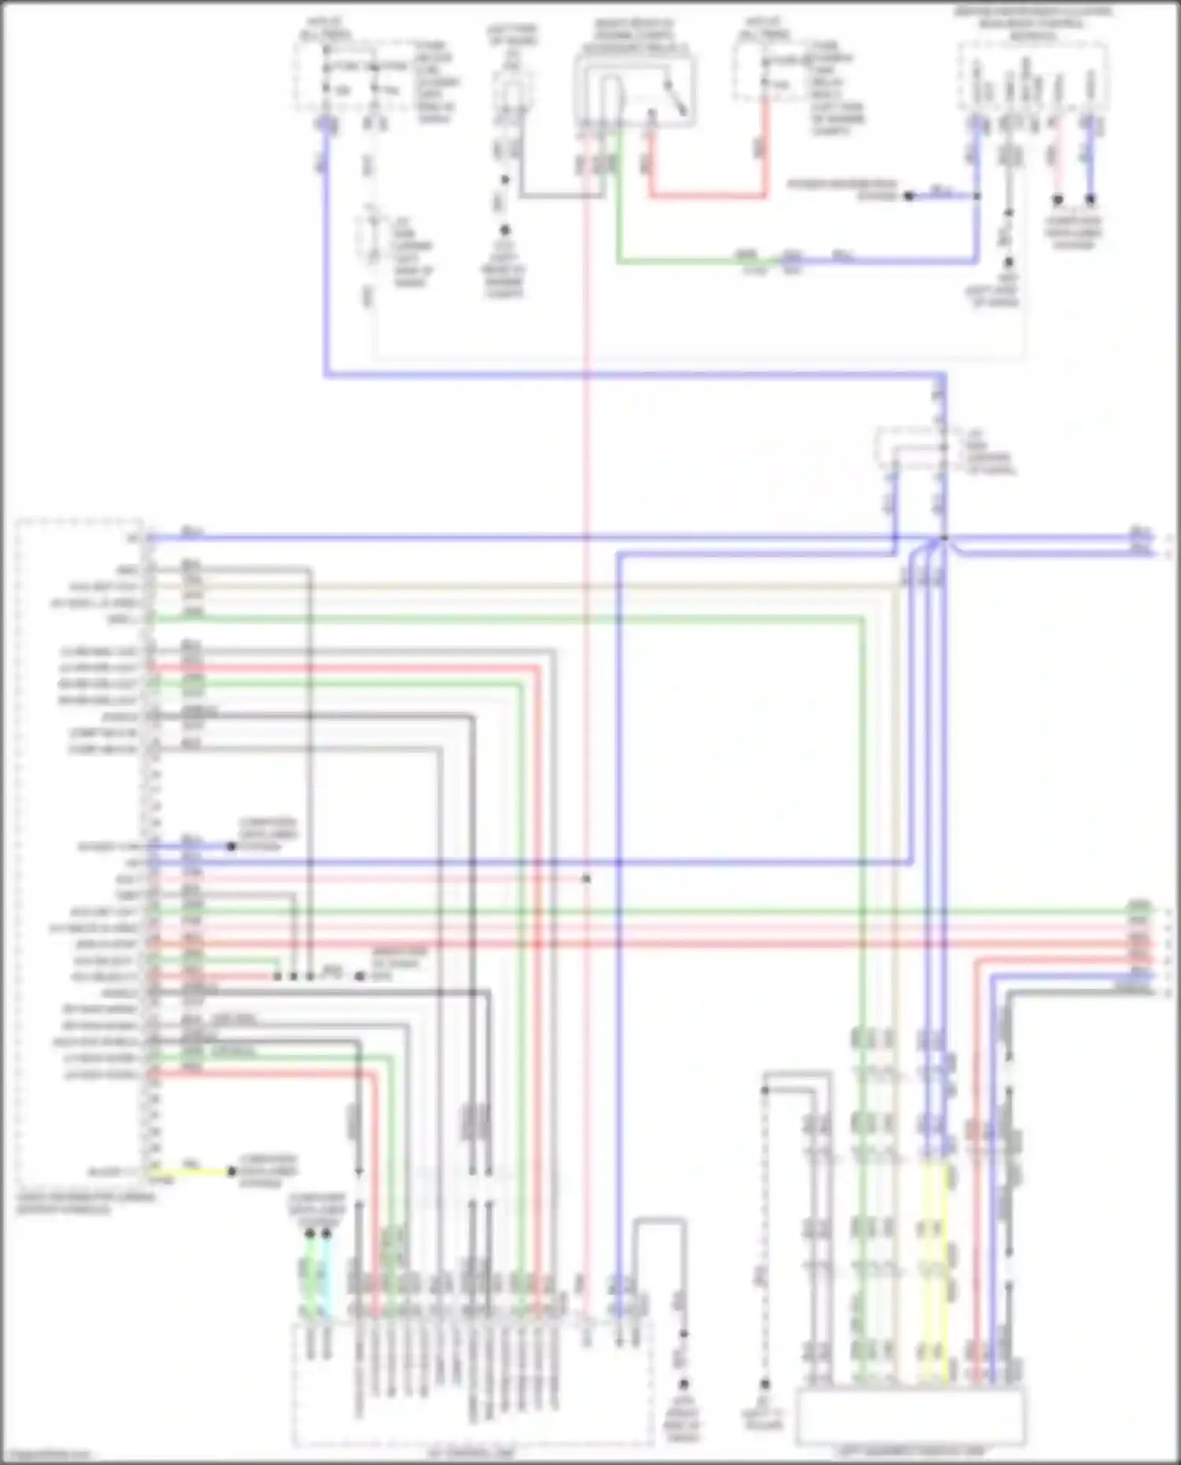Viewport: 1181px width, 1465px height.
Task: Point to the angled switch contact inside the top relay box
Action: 676,98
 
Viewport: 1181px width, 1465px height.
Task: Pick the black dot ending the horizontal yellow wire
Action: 231,1171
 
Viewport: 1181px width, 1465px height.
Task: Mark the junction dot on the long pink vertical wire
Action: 587,878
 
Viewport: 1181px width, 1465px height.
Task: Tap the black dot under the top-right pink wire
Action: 1058,199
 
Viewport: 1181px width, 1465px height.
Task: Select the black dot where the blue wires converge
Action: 944,538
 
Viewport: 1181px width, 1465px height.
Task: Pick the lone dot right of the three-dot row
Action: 359,976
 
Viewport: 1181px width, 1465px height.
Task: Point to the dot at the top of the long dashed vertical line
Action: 764,1090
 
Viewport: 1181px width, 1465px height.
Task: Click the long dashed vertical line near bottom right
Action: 764,1236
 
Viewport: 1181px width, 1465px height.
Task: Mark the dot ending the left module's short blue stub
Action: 231,846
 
